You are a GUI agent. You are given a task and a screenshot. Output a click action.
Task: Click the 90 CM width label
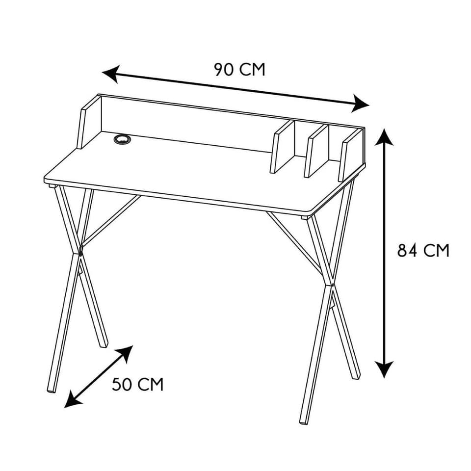[x=240, y=69]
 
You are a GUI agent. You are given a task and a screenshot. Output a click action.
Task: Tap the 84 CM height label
[x=423, y=250]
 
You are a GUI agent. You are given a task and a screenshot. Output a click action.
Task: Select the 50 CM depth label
[x=137, y=384]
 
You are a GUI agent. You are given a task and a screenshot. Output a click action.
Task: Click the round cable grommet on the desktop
[x=123, y=139]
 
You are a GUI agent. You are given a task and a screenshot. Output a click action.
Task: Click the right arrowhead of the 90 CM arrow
[x=361, y=104]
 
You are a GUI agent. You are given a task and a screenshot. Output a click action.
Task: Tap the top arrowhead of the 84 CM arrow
[x=384, y=137]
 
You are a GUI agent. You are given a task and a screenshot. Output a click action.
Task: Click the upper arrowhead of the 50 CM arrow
[x=126, y=353]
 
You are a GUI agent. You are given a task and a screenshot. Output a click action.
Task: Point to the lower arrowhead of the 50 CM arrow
[x=72, y=400]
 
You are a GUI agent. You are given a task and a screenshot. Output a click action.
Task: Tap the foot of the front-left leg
[x=51, y=391]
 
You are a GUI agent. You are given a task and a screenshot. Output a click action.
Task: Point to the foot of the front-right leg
[x=304, y=422]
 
